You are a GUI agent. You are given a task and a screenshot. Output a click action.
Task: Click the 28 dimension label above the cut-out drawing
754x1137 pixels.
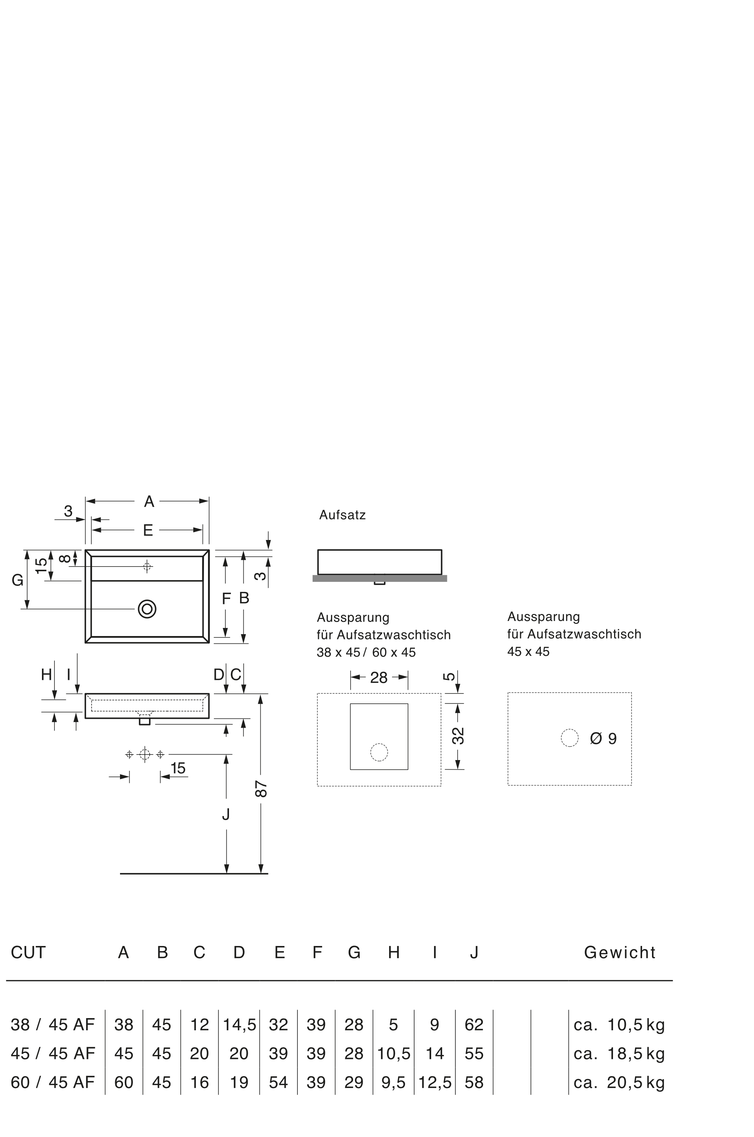coord(380,676)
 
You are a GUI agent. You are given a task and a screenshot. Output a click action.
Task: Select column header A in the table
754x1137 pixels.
coord(124,952)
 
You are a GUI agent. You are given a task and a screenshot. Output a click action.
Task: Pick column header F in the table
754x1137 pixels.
coord(317,952)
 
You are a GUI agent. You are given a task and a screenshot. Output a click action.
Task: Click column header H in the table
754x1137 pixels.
coord(394,952)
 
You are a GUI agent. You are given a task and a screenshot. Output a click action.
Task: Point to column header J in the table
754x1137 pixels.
coord(474,952)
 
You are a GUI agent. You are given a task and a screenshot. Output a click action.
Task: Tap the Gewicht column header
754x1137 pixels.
coord(619,952)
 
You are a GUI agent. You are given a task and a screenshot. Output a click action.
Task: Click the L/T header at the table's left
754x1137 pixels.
coord(28,952)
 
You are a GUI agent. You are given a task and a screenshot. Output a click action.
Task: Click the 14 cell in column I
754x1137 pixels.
coord(434,1053)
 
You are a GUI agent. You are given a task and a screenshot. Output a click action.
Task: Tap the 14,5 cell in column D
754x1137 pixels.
coord(239,1024)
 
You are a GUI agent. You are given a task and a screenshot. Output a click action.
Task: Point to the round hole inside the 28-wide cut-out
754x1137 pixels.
coord(378,752)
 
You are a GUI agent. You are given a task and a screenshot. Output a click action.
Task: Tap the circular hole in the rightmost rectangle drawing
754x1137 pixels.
coord(570,738)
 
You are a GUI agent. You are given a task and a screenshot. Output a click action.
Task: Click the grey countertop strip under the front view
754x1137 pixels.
coord(380,578)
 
